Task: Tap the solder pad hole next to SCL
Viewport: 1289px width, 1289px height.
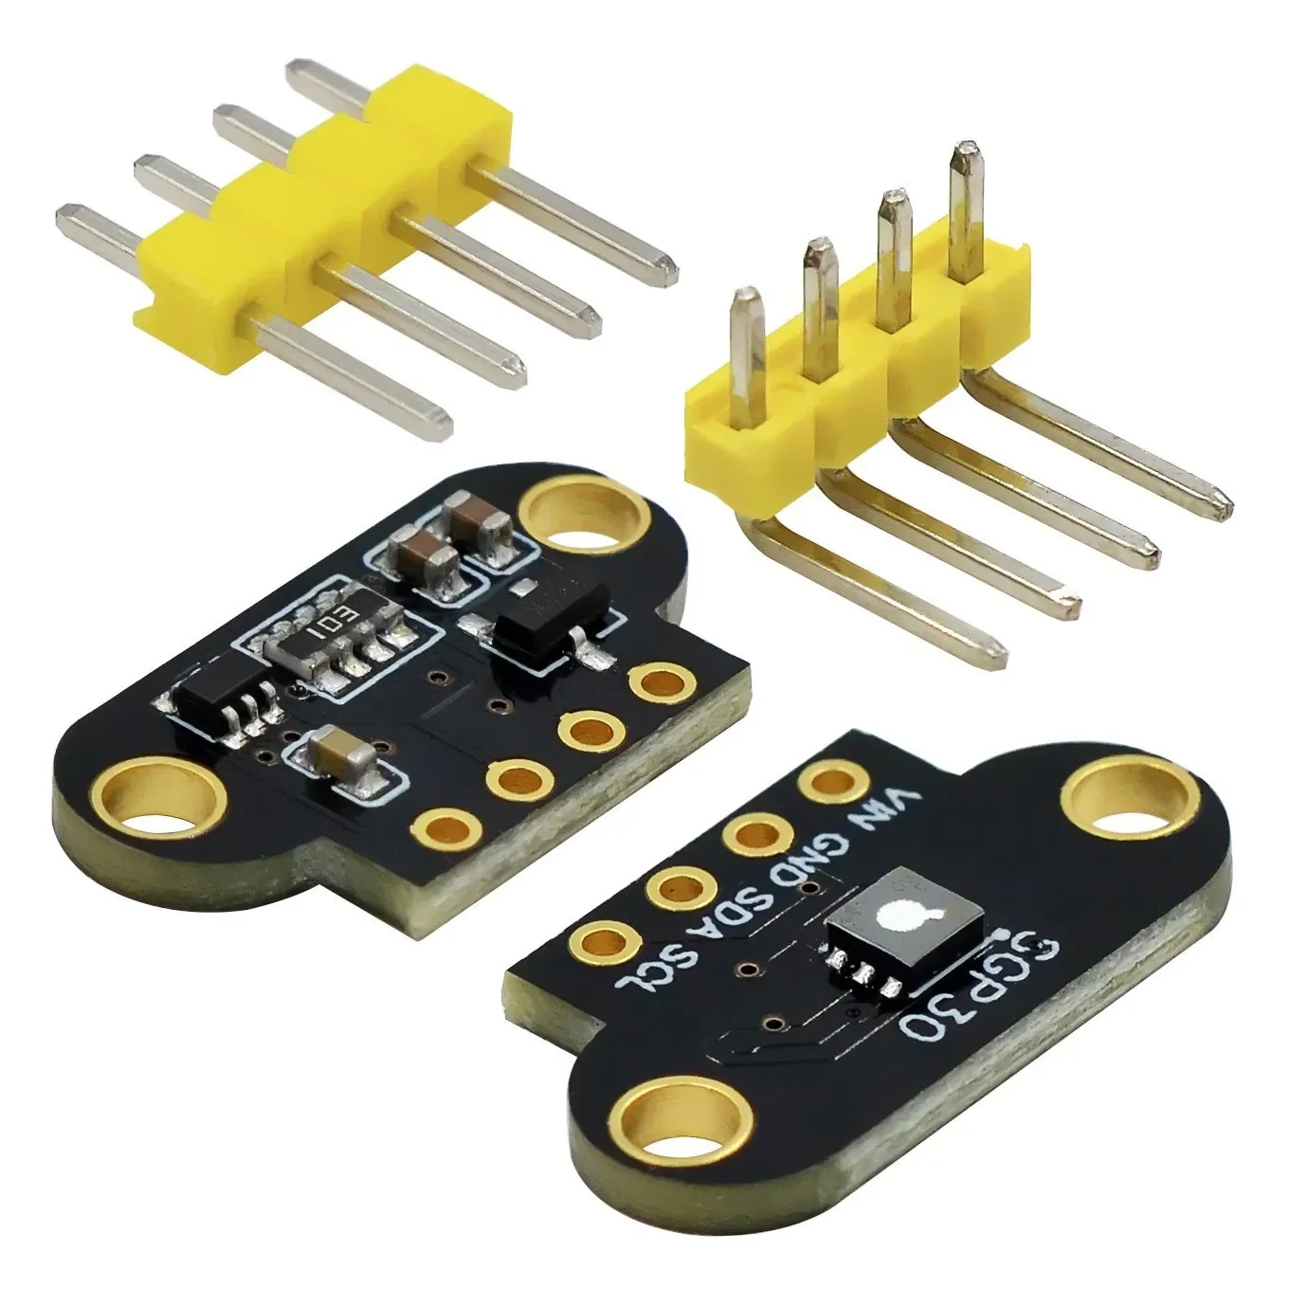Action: pos(603,942)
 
